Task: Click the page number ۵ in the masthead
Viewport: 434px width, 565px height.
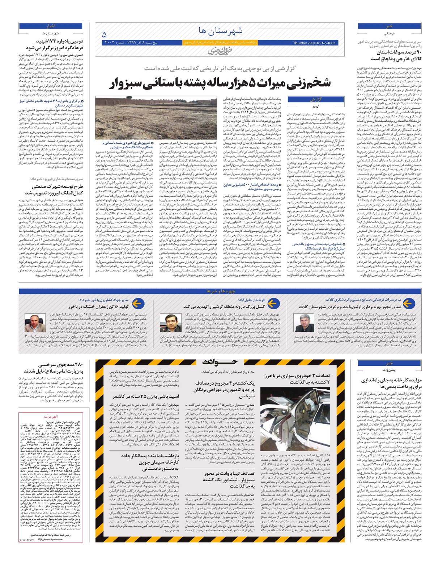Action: tap(105, 35)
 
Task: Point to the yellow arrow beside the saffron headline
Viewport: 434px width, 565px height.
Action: tap(138, 304)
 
